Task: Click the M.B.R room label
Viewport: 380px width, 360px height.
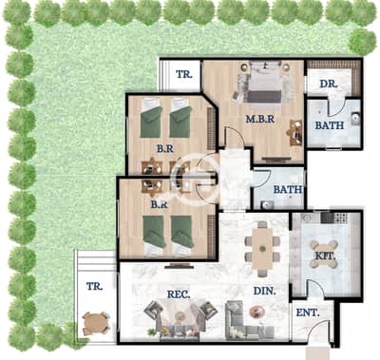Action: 260,119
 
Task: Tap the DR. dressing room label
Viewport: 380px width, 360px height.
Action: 329,85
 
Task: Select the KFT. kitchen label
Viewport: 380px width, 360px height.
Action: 325,256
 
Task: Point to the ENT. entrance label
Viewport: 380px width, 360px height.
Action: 308,313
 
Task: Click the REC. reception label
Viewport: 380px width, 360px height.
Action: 179,294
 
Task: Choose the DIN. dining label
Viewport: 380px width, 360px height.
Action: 264,291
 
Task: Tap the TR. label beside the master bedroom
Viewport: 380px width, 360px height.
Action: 184,74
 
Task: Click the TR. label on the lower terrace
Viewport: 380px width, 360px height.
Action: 95,287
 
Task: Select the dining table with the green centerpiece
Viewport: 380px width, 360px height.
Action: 262,249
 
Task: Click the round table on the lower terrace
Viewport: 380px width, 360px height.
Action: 96,323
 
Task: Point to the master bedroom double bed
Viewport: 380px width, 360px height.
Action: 265,82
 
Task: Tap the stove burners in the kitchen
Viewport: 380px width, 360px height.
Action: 341,218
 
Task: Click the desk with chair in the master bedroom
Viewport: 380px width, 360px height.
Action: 294,132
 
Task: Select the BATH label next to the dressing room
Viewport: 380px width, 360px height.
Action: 330,125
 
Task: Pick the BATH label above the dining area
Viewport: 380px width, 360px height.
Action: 288,190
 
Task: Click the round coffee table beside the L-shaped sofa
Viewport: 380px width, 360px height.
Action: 255,312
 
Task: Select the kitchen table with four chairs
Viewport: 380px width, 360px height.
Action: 323,255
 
